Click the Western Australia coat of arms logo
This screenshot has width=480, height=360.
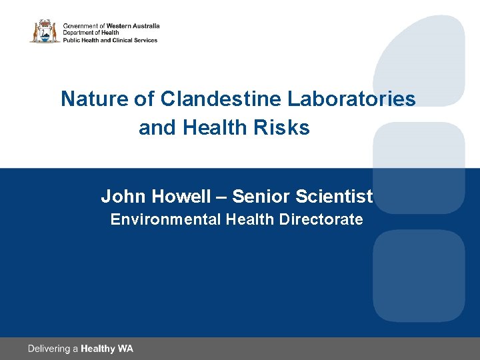44,31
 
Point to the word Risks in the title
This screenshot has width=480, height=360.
287,127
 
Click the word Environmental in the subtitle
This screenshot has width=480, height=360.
165,219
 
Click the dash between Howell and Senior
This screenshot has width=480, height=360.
221,197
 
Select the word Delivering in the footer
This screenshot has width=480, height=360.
49,349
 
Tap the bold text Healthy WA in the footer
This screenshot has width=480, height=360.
107,349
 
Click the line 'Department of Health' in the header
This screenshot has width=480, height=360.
91,33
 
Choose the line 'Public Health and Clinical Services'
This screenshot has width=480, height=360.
110,40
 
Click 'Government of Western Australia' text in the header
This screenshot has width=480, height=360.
111,25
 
